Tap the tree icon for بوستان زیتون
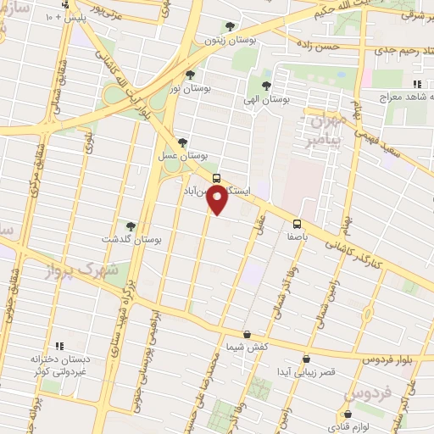[x=231, y=26]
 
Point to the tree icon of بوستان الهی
[x=266, y=86]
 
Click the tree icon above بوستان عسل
[x=182, y=142]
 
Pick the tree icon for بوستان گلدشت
[x=131, y=225]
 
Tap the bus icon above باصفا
[x=297, y=224]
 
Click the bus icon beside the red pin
[x=217, y=178]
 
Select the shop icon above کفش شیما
[x=247, y=334]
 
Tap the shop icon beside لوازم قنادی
[x=333, y=415]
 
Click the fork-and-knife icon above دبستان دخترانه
[x=59, y=346]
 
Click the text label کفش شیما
[x=247, y=348]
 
